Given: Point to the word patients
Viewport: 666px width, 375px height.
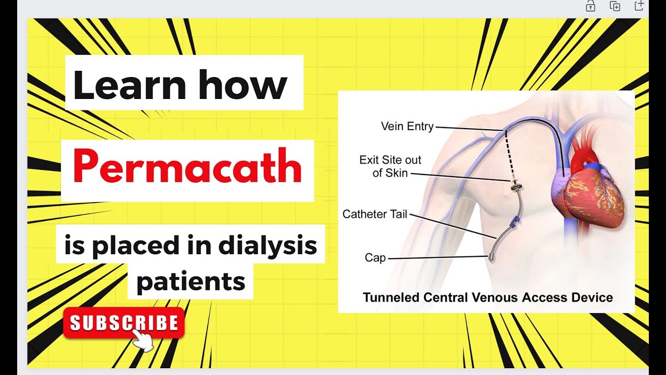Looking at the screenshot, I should click(190, 281).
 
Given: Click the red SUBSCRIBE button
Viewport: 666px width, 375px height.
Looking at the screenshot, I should click(124, 323).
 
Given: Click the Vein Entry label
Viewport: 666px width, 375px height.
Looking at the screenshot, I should click(407, 126).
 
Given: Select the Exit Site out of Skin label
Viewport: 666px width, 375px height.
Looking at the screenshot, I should click(390, 166).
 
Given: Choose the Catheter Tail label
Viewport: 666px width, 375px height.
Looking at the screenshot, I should click(375, 214).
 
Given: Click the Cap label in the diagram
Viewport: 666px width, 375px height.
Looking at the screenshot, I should click(375, 258).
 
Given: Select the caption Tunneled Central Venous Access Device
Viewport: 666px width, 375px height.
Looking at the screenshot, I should click(488, 298).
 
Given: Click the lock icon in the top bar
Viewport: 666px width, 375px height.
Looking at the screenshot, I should click(591, 6).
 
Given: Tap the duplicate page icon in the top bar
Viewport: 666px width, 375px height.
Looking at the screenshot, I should click(615, 6).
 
